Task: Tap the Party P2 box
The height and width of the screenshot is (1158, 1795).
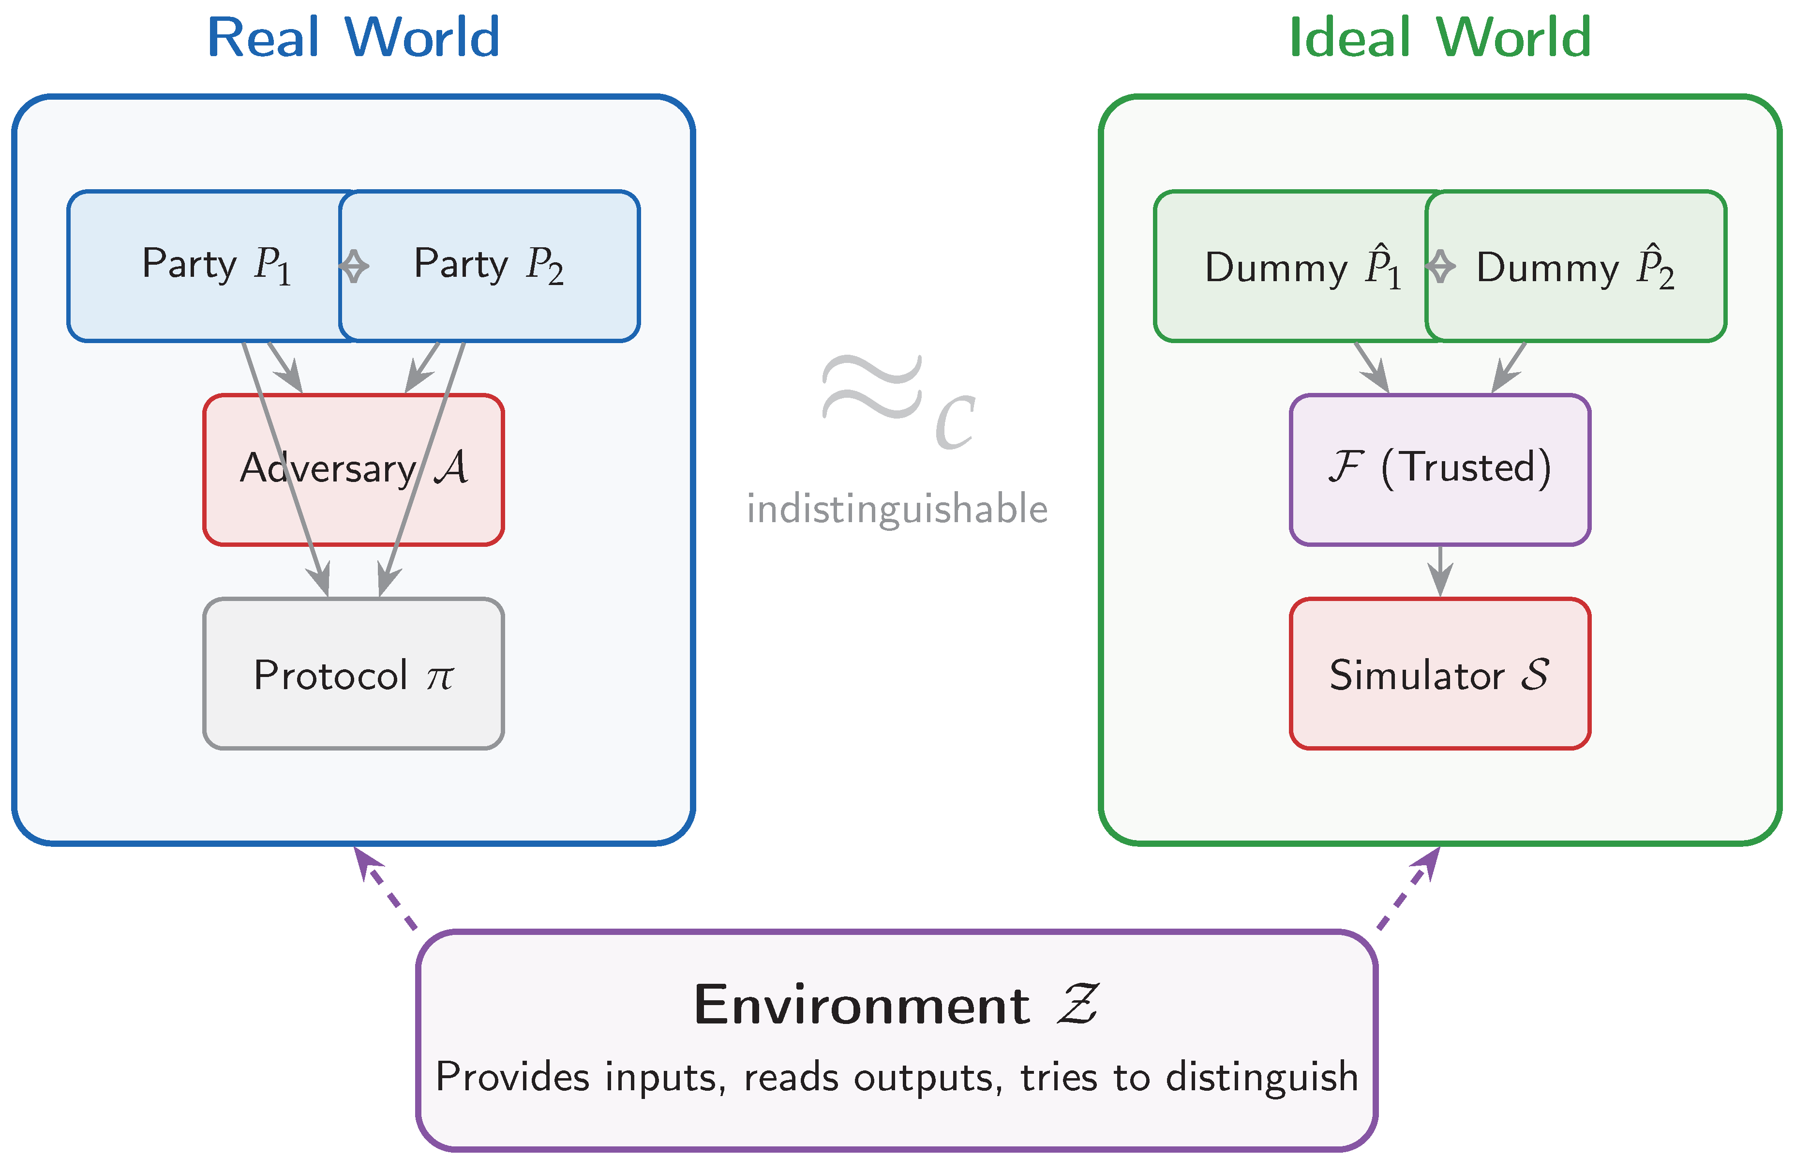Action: pyautogui.click(x=489, y=266)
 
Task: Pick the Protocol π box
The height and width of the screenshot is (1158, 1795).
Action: pyautogui.click(x=353, y=674)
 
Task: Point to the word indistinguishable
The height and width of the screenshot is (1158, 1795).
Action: pyautogui.click(x=897, y=509)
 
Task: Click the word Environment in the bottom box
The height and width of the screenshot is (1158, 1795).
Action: pyautogui.click(x=861, y=1006)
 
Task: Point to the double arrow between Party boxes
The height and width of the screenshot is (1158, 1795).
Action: pyautogui.click(x=353, y=266)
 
